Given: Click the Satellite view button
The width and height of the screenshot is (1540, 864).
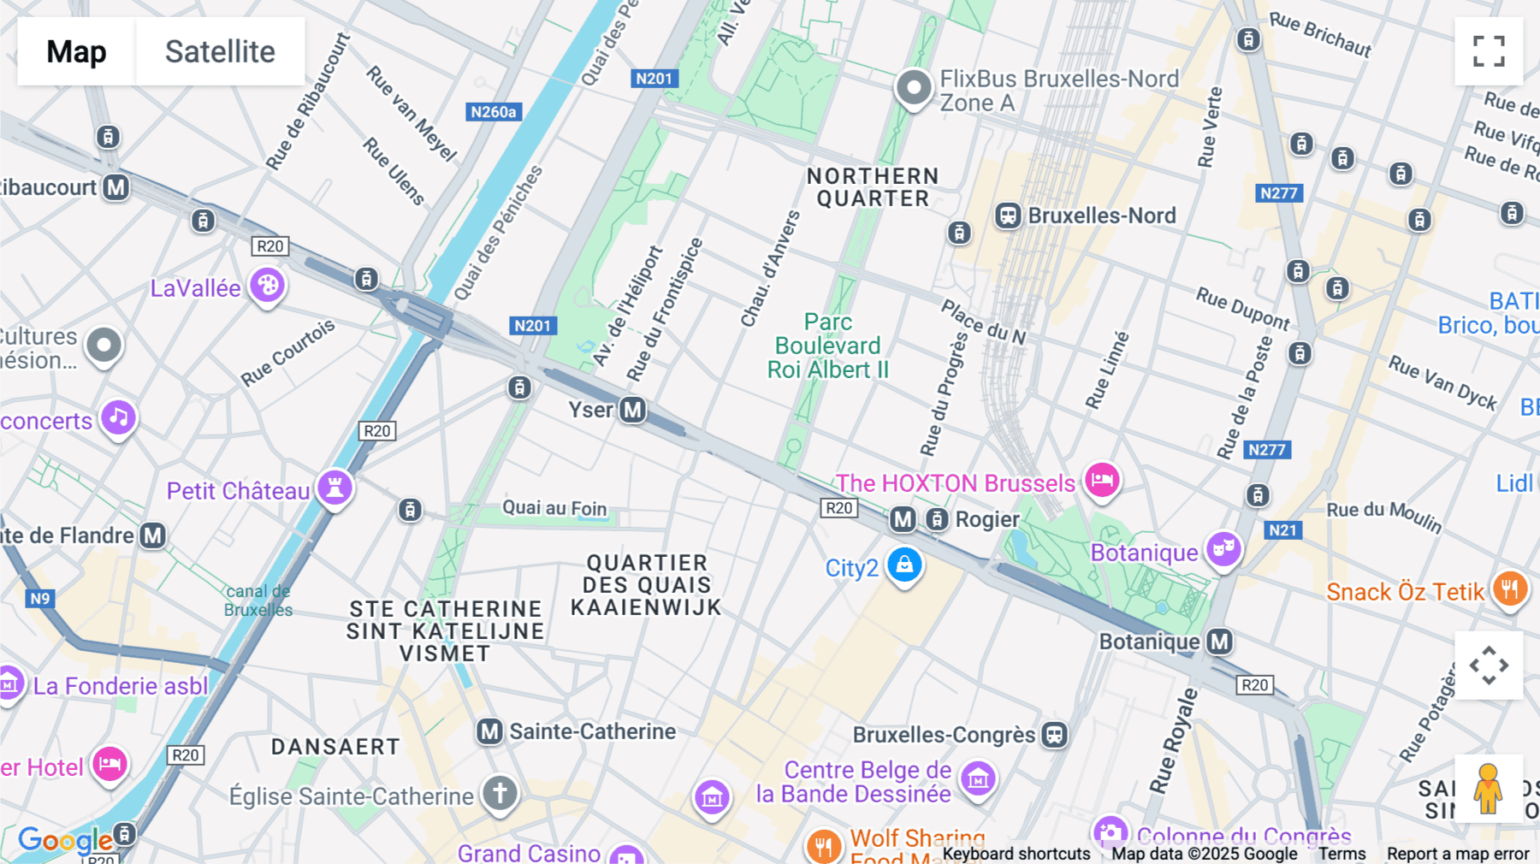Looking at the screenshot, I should point(220,51).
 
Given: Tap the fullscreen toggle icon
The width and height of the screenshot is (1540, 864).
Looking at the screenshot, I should point(1489,51).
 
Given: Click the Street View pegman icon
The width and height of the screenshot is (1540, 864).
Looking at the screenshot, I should point(1489,788).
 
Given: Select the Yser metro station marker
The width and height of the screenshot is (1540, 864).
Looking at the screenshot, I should point(632,410).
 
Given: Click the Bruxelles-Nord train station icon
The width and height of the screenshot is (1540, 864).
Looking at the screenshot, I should point(1008,216).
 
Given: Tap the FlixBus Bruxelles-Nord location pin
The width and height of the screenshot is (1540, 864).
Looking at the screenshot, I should point(914,88).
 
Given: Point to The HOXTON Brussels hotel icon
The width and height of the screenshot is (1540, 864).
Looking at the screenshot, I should point(1102,479).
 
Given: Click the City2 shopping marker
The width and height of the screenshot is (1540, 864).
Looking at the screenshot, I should point(904,565).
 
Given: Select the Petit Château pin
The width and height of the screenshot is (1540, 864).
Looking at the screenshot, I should point(335,488).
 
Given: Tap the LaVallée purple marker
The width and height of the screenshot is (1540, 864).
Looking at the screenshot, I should point(267,285).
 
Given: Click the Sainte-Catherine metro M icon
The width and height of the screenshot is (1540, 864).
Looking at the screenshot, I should point(489,731).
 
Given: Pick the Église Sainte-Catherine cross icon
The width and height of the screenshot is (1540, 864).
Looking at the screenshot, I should point(500,792).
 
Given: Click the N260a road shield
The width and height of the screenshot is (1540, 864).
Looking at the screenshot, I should point(494,112).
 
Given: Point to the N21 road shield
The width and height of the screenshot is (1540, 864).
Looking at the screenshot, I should point(1282,530).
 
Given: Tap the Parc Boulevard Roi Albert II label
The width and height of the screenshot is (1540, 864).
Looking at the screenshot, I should point(827,346).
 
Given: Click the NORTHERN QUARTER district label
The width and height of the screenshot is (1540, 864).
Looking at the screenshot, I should point(873,187).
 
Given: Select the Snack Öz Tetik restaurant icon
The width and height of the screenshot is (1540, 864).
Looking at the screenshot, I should point(1510,589).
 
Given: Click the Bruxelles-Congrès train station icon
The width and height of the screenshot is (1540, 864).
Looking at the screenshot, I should point(1055,735).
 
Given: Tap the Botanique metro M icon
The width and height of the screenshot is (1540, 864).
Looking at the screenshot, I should point(1219,642).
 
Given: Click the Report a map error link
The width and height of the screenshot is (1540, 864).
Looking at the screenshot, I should point(1457,854).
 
